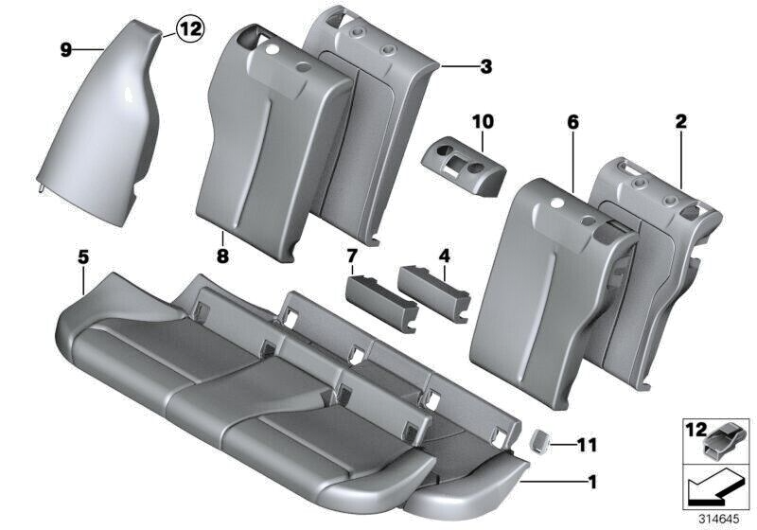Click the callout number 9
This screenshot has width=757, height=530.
(x=66, y=50)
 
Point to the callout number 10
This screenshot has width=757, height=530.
(x=483, y=122)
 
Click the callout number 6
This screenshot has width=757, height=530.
(x=572, y=123)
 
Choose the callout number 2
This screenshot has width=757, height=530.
(x=681, y=123)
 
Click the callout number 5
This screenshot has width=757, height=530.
(x=83, y=256)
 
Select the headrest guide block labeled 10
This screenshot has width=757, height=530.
(x=463, y=161)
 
